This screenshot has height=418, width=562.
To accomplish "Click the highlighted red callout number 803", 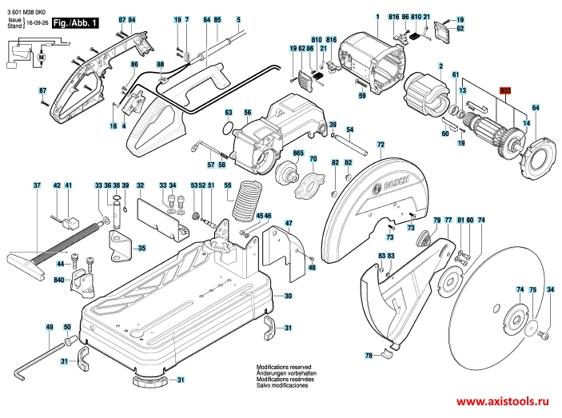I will click(504, 90).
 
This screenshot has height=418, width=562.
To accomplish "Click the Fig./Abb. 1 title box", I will click(75, 25).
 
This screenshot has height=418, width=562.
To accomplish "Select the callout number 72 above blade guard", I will click(381, 144).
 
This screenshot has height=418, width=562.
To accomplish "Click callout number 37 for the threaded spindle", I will click(36, 185).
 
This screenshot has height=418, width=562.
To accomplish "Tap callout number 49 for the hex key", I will click(49, 328).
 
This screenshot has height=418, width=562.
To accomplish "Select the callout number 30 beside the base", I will click(288, 296).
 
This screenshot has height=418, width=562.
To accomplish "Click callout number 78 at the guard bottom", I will click(369, 355).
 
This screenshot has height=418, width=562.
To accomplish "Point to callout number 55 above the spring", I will click(228, 185).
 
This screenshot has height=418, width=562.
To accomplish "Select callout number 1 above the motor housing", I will click(377, 18).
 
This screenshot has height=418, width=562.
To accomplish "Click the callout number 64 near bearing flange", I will click(536, 107).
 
